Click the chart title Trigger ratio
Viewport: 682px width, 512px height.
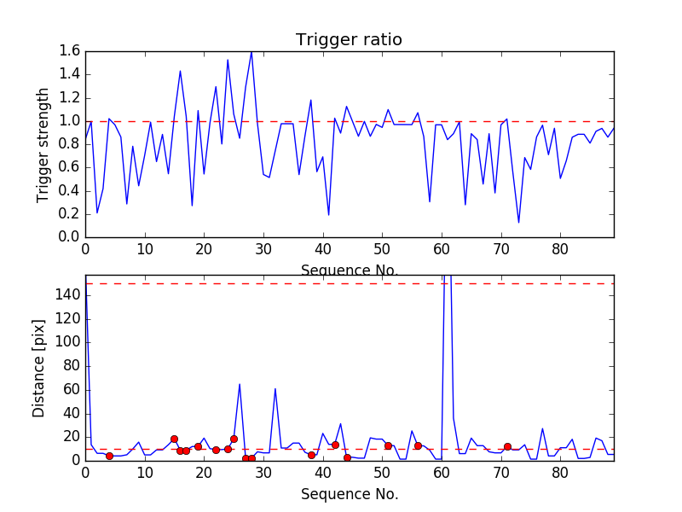[x=349, y=40]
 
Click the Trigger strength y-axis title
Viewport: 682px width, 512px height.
[x=43, y=144]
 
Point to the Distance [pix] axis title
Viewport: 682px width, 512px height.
[x=39, y=368]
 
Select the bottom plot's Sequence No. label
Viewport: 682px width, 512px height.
[x=349, y=494]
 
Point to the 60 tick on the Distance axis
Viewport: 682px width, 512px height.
[x=70, y=390]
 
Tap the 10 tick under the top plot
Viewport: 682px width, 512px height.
[x=145, y=250]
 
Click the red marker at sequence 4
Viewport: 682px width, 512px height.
[x=109, y=456]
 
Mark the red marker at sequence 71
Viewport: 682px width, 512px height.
[x=507, y=446]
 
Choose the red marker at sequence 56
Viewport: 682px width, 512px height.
[x=418, y=445]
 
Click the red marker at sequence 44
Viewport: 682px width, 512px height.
[x=347, y=457]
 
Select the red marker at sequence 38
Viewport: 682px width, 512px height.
[x=311, y=455]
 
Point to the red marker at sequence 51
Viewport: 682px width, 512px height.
[x=388, y=445]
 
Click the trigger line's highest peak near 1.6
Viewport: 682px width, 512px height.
[x=251, y=52]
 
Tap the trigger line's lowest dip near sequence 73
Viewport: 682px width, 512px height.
[x=518, y=223]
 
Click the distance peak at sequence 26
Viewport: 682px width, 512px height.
[x=240, y=384]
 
